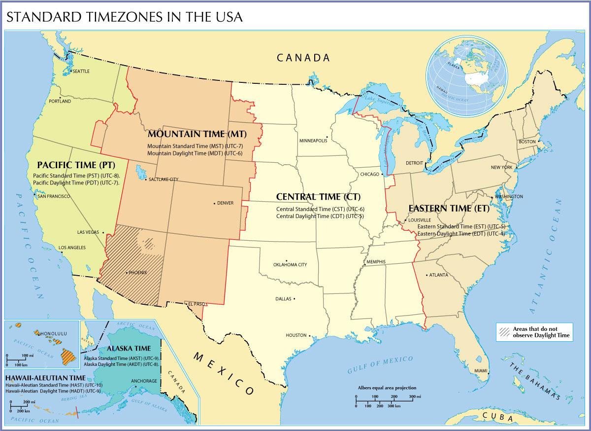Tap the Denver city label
(x=225, y=203)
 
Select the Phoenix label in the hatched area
(x=137, y=272)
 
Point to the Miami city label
(x=481, y=370)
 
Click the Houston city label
(x=296, y=335)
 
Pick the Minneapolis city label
(x=313, y=141)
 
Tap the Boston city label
(x=526, y=142)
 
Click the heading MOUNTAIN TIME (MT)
(x=197, y=134)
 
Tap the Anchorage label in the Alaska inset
(x=144, y=381)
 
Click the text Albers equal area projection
(x=387, y=388)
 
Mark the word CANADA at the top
(x=303, y=58)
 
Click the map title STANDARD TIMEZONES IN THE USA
(x=124, y=17)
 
